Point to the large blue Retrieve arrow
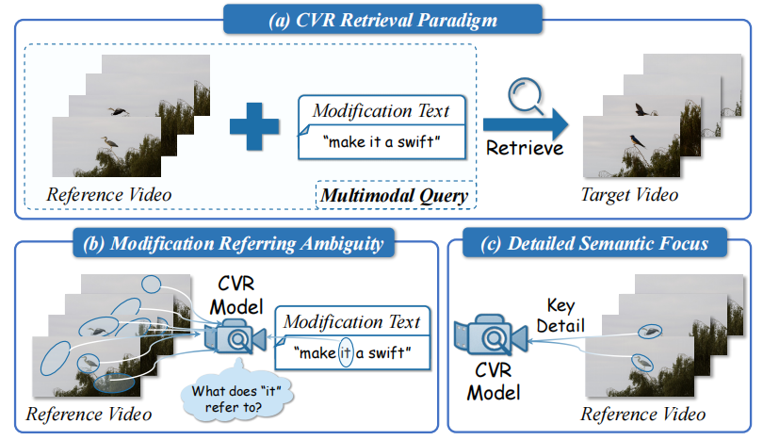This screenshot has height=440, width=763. [528, 123]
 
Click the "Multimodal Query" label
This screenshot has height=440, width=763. [396, 197]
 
